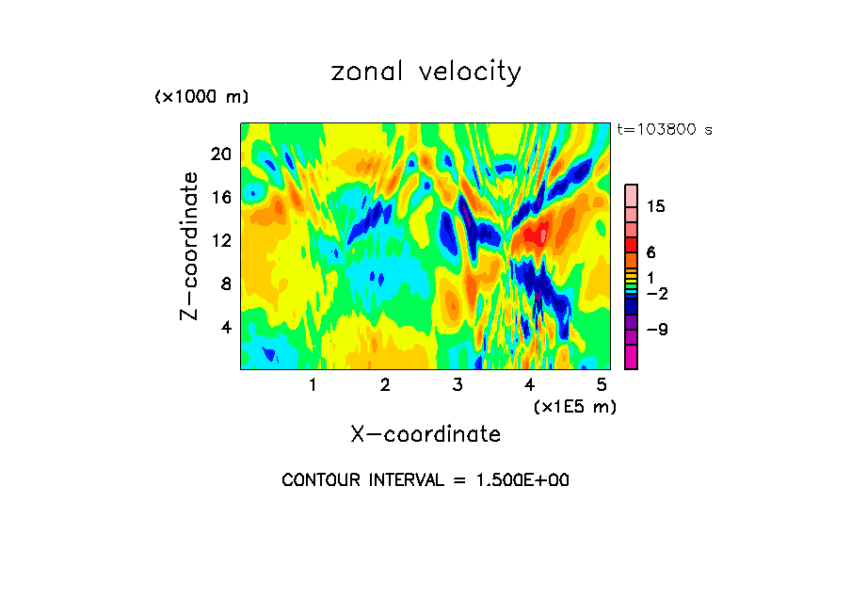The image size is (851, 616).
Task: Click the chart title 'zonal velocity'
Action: pyautogui.click(x=425, y=73)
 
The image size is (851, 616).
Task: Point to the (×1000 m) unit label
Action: pyautogui.click(x=201, y=98)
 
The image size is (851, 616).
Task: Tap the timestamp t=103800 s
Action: pyautogui.click(x=664, y=130)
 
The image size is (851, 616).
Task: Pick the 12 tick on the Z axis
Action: pyautogui.click(x=220, y=240)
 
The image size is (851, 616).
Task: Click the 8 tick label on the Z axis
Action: pyautogui.click(x=225, y=284)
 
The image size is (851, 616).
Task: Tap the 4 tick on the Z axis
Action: pyautogui.click(x=225, y=327)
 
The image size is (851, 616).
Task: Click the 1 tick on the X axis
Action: pyautogui.click(x=313, y=384)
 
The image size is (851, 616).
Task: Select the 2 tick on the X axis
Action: pyautogui.click(x=385, y=384)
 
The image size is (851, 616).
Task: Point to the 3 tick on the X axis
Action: pyautogui.click(x=458, y=384)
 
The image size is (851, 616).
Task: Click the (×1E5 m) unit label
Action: pyautogui.click(x=574, y=407)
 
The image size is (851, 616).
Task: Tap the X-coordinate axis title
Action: pyautogui.click(x=425, y=434)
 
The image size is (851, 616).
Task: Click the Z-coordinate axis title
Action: pyautogui.click(x=190, y=246)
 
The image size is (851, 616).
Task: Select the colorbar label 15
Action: pyautogui.click(x=656, y=207)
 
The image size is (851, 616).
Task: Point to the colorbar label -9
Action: pyautogui.click(x=656, y=330)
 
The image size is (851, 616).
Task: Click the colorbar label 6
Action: pyautogui.click(x=650, y=252)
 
